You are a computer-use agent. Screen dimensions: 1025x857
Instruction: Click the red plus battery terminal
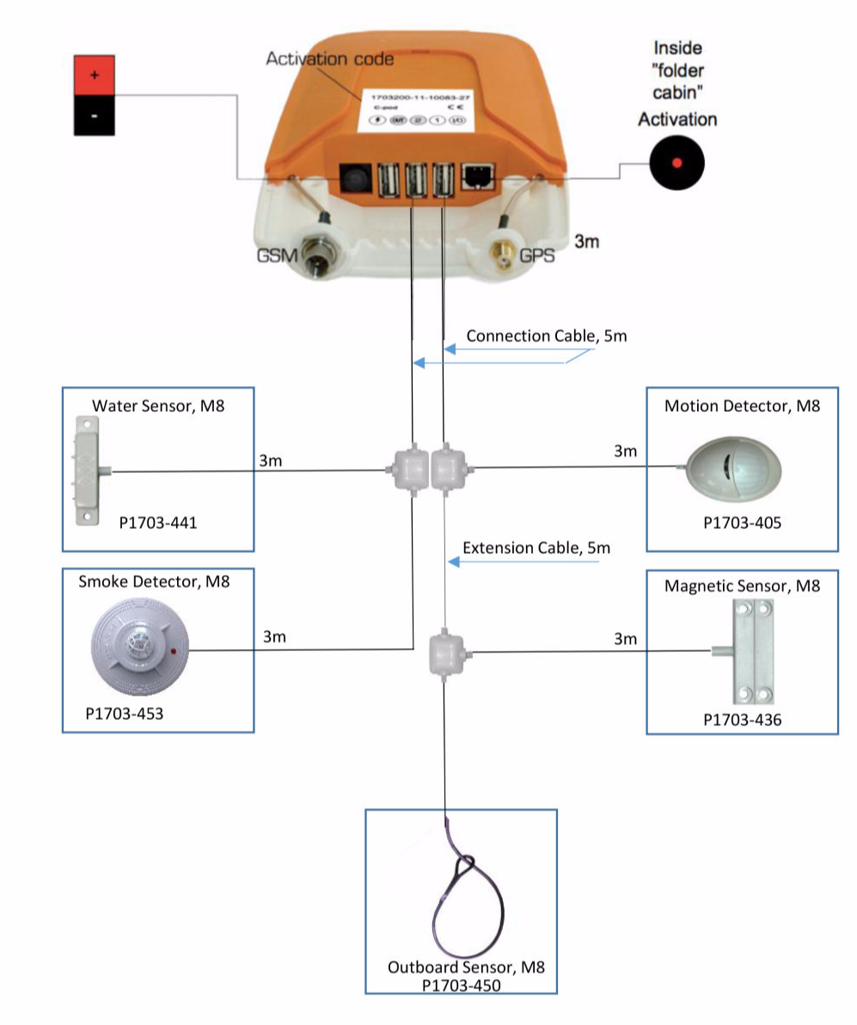point(94,76)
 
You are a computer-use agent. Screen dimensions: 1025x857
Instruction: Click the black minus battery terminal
point(94,116)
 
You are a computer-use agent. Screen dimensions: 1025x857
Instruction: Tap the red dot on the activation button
point(676,163)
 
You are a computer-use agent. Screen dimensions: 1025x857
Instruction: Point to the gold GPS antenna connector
point(503,255)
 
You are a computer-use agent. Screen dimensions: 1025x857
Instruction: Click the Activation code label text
point(330,59)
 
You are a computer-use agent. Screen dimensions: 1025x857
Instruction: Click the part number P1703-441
point(158,521)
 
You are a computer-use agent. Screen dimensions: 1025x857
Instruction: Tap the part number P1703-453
point(125,713)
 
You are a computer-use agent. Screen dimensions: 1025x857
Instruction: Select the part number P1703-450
point(462,985)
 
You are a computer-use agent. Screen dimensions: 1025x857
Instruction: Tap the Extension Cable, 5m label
point(536,548)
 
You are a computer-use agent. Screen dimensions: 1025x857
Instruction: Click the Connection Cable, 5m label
point(547,335)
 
